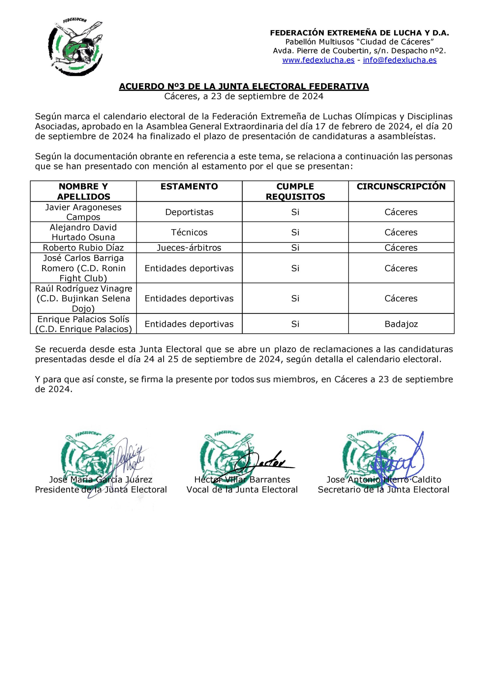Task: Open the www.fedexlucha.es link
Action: tap(318, 60)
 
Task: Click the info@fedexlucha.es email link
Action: tap(399, 60)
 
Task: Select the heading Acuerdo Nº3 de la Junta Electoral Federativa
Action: tap(244, 86)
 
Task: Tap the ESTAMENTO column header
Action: tap(189, 187)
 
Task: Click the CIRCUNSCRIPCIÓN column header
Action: tap(401, 187)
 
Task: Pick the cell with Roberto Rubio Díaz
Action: tap(83, 248)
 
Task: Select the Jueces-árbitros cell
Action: tap(189, 248)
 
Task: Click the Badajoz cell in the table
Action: tap(401, 324)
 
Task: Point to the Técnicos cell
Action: tap(189, 232)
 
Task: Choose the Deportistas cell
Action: tap(189, 212)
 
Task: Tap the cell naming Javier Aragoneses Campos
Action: tap(83, 212)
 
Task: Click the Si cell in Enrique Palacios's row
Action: tap(295, 324)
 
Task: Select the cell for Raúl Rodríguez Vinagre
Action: tap(83, 298)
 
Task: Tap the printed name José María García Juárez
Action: tap(101, 480)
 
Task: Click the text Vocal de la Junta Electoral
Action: tap(242, 490)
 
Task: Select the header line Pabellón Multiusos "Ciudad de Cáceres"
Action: tap(359, 42)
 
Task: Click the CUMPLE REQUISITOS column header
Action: tap(295, 191)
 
